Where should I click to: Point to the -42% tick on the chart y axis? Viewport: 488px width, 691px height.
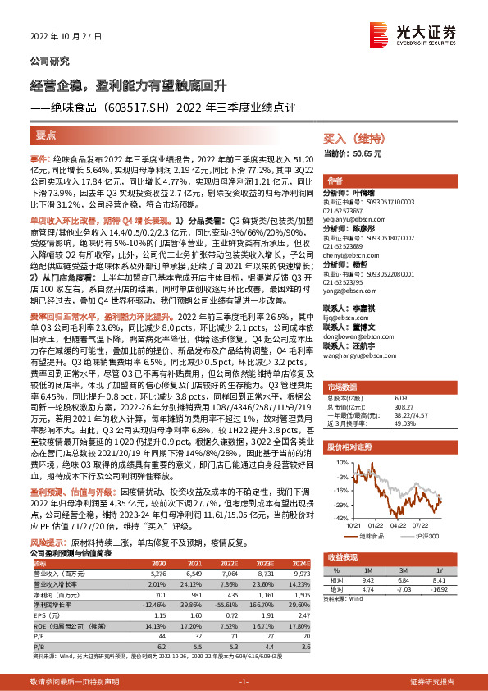(x=340, y=518)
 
